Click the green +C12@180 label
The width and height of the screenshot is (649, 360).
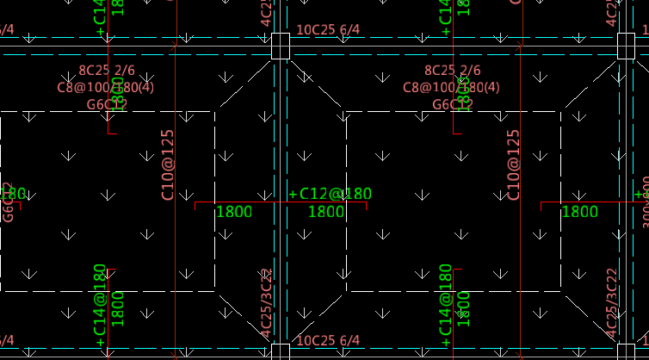coord(330,194)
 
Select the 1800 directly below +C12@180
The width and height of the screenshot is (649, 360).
coord(326,212)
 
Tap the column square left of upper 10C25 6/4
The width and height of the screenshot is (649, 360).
coord(280,47)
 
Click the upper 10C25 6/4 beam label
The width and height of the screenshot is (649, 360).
coord(328,30)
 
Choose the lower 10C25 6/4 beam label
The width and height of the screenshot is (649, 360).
coord(328,342)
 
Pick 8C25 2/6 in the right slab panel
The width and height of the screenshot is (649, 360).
coord(453,71)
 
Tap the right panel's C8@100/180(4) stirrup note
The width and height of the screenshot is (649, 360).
coord(453,88)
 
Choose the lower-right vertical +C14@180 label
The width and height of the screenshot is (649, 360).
coord(445,306)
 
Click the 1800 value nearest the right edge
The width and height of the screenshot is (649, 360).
coord(579,212)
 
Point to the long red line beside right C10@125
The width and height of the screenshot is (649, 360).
coord(520,198)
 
